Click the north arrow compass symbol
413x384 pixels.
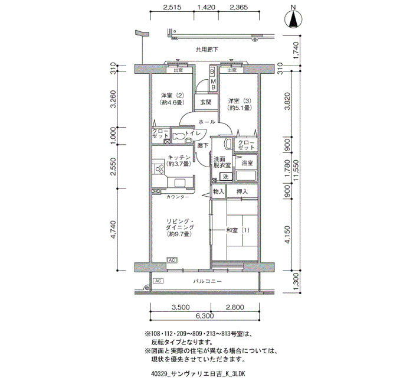293,19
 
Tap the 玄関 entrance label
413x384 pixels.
205,102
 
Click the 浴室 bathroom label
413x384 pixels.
247,163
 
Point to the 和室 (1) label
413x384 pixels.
238,230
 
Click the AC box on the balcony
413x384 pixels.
158,281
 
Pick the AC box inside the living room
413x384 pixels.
172,260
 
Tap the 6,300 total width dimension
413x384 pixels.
204,315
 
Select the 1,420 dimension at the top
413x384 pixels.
206,7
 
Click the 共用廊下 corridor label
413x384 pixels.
206,49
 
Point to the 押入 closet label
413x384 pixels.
242,191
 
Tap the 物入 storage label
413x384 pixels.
218,191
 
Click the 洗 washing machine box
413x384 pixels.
226,177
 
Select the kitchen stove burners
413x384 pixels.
159,169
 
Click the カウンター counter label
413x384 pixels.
178,197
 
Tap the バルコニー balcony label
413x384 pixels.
207,281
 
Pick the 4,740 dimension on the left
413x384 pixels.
113,229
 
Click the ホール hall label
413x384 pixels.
206,122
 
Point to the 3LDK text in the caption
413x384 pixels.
238,374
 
